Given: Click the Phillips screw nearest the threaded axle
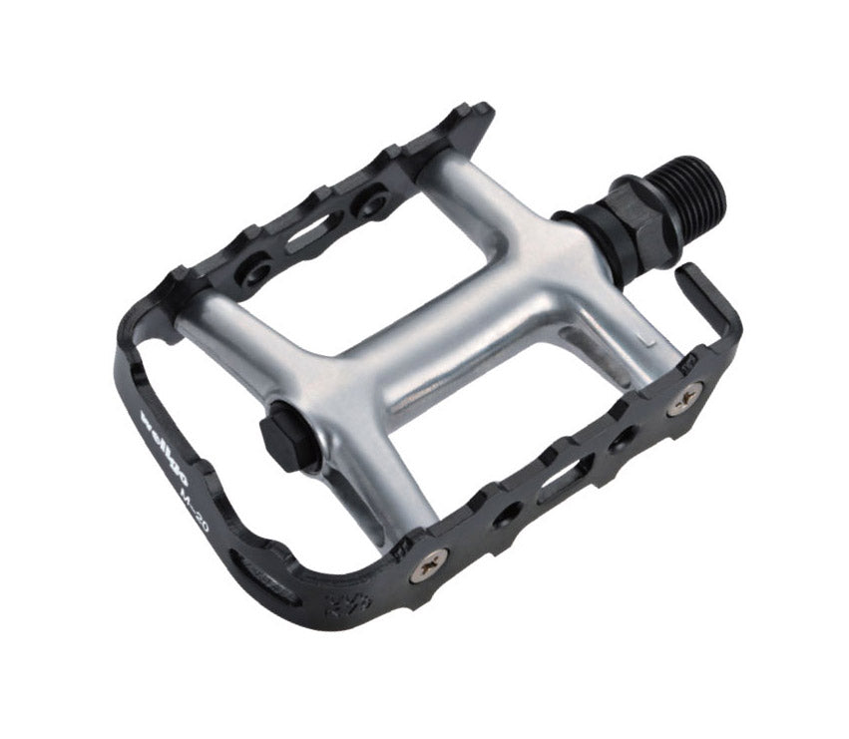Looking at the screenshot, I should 684,400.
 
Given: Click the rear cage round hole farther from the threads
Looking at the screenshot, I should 256,272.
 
